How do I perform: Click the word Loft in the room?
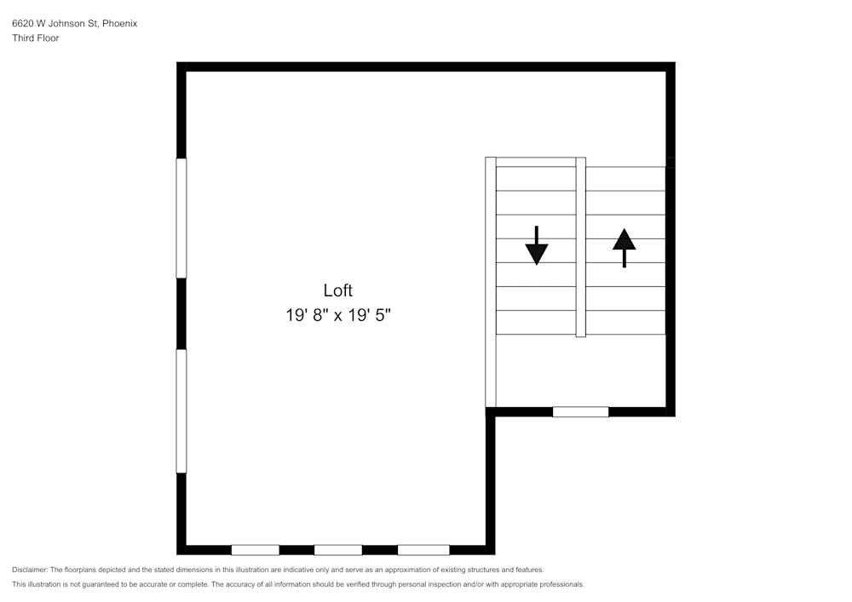337,290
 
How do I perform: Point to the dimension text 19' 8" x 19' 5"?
337,315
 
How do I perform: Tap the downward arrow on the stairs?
537,246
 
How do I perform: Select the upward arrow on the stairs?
625,247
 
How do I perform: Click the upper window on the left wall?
181,218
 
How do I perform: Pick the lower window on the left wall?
181,410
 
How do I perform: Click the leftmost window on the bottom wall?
255,550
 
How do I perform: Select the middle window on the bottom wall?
337,550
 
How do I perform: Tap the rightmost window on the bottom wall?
423,550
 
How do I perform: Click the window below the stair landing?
580,412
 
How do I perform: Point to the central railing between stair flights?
580,247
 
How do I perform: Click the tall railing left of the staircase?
490,282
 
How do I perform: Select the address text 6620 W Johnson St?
55,24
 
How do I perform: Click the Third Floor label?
36,38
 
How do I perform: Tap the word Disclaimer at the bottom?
30,570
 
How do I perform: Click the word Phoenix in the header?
119,24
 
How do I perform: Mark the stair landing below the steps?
580,370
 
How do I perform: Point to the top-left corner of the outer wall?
181,66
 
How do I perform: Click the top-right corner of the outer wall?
671,66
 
